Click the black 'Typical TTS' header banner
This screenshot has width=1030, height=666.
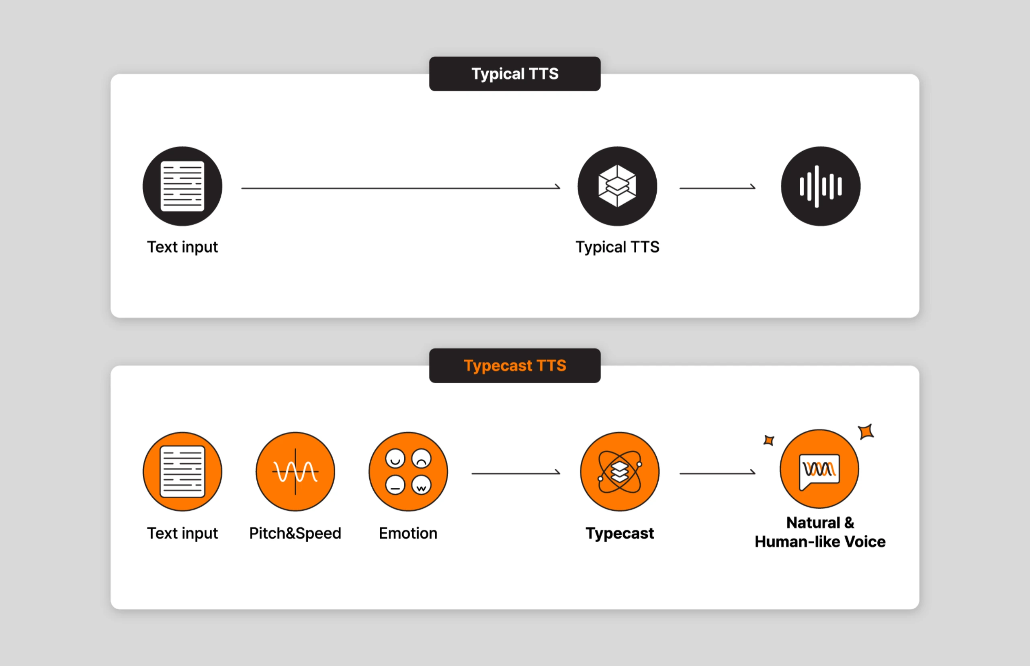[514, 74]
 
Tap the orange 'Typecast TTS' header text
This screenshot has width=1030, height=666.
[514, 366]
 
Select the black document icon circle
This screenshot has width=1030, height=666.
[182, 186]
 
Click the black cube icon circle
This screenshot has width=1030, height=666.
[617, 186]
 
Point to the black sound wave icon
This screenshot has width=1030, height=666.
[821, 186]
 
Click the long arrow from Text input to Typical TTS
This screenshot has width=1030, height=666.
[400, 188]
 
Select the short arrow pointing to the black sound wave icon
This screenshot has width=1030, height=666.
[717, 188]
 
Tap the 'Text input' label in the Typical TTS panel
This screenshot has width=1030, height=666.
[182, 247]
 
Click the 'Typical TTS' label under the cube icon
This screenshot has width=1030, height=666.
[617, 247]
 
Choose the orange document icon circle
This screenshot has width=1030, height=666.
[182, 471]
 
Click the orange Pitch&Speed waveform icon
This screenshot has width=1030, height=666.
[295, 471]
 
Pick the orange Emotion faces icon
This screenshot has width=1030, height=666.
[408, 471]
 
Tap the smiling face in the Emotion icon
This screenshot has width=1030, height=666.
[395, 458]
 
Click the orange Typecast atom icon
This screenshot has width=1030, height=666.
[620, 471]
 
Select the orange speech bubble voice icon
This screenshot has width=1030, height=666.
[819, 469]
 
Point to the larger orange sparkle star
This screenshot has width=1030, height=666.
[866, 432]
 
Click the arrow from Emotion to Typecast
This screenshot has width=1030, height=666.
[516, 473]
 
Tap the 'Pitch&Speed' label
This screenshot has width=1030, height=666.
[295, 533]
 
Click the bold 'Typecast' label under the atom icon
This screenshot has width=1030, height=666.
[620, 533]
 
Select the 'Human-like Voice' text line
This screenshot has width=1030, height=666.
[819, 542]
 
